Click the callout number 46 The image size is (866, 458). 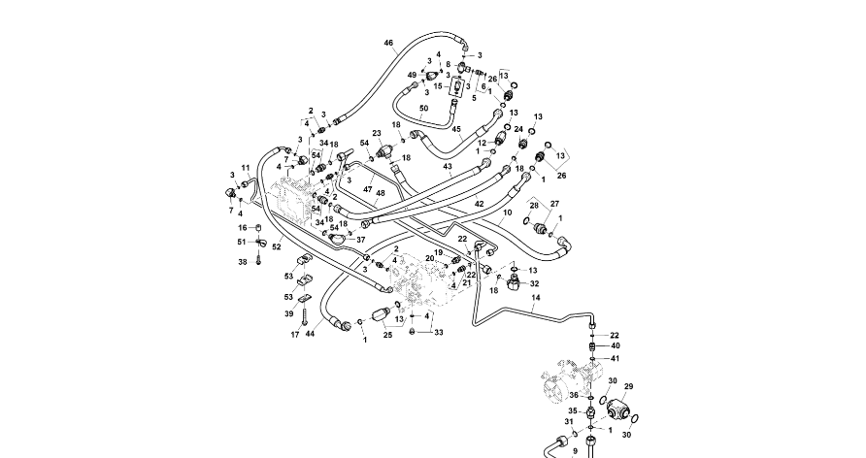click(x=388, y=44)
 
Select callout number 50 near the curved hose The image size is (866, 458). click(x=423, y=108)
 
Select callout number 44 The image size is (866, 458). click(x=310, y=335)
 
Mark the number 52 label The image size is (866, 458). click(x=276, y=247)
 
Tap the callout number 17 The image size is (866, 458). click(x=294, y=335)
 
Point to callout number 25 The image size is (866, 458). click(x=387, y=335)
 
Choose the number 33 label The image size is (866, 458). click(x=439, y=333)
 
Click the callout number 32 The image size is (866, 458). click(x=534, y=284)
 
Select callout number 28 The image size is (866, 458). click(x=533, y=207)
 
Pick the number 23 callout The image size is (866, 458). click(x=377, y=133)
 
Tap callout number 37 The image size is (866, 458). click(x=360, y=239)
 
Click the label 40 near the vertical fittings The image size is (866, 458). click(x=615, y=345)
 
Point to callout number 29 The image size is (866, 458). click(x=627, y=386)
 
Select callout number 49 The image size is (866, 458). click(x=412, y=75)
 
